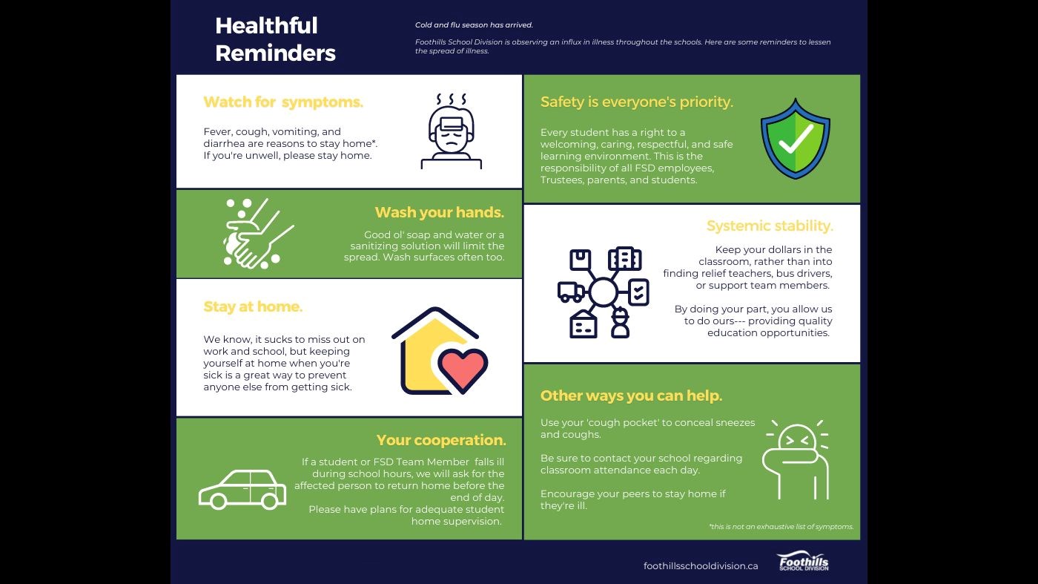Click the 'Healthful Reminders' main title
(x=275, y=39)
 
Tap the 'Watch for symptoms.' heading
(x=283, y=102)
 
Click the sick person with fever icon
(x=451, y=132)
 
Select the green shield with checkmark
(x=796, y=139)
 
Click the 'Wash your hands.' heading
(x=439, y=212)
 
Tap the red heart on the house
(x=463, y=367)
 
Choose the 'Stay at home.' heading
(x=253, y=306)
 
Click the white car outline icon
(x=242, y=489)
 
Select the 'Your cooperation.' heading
(x=440, y=440)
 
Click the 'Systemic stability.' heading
(x=769, y=226)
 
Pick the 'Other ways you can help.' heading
(x=631, y=396)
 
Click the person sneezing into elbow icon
(x=796, y=460)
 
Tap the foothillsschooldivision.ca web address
(x=701, y=565)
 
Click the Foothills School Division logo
(x=802, y=562)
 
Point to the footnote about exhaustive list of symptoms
(x=781, y=527)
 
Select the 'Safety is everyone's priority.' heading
(x=636, y=102)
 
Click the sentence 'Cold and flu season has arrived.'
(x=474, y=25)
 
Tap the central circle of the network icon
(x=603, y=292)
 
